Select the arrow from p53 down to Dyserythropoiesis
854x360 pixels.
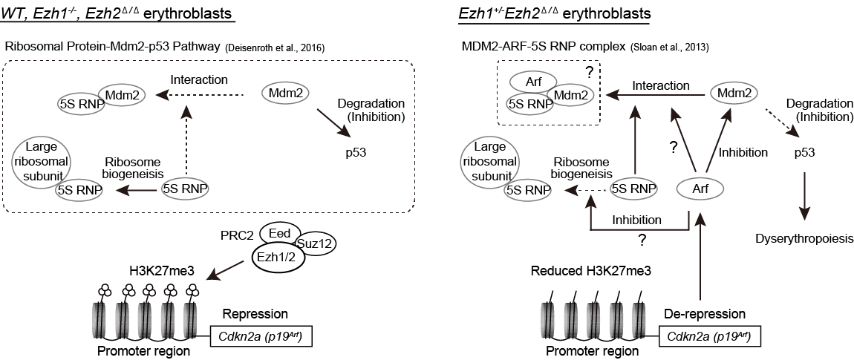[x=806, y=197]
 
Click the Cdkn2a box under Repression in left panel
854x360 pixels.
[x=261, y=337]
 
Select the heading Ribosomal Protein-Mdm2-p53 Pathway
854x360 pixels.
[x=111, y=46]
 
